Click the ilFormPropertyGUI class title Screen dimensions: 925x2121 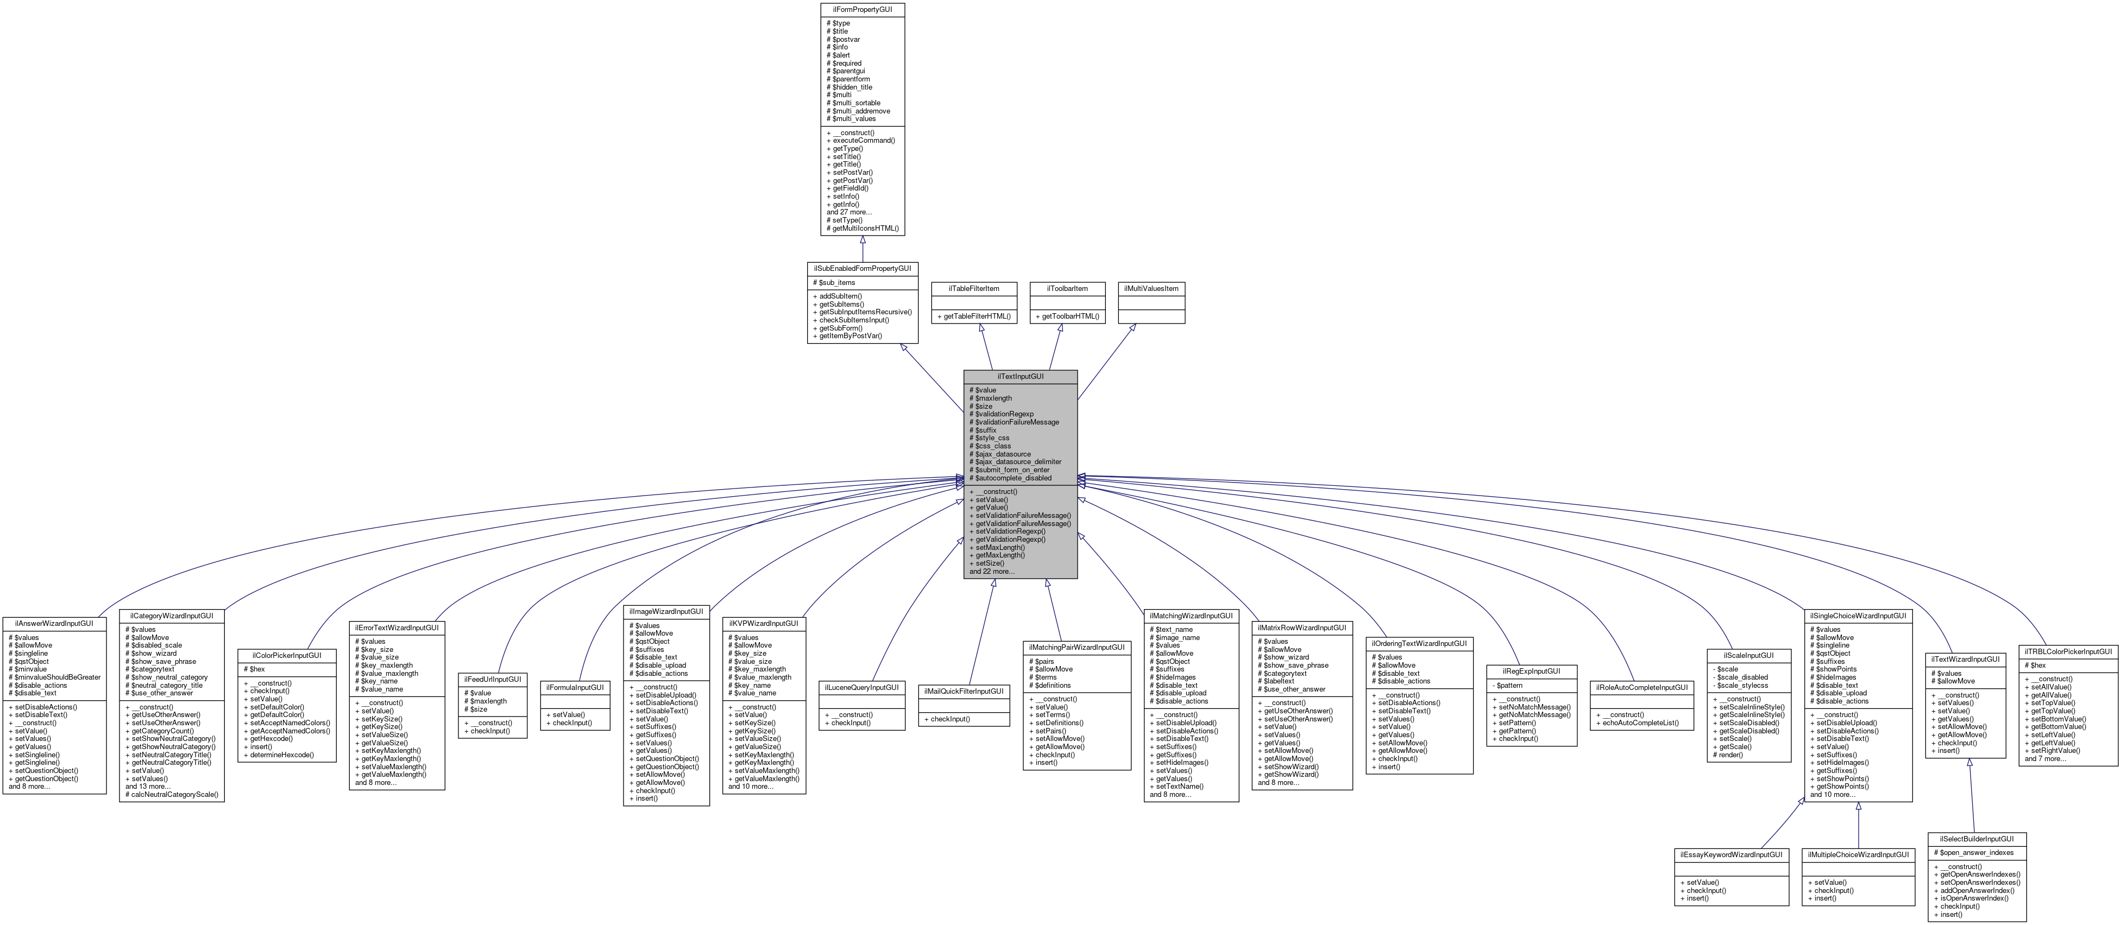coord(862,9)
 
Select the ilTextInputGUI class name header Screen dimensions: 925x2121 coord(1020,376)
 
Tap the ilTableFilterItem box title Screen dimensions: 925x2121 coord(973,289)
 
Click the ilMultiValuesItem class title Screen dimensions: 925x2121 coord(1151,289)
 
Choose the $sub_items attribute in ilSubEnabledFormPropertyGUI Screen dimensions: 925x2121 coord(836,282)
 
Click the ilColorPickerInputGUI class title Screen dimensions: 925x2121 coord(287,655)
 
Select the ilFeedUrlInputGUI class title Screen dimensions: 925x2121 coord(493,680)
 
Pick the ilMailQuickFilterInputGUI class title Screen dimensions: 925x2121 coord(964,691)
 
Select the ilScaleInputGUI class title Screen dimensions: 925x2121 coord(1748,655)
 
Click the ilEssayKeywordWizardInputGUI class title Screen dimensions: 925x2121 coord(1730,854)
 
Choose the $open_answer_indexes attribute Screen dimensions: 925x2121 coord(1976,853)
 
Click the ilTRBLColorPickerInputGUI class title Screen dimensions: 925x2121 coord(2067,651)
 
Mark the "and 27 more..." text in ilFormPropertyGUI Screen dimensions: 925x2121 coord(849,212)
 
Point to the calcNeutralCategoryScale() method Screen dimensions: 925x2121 coord(174,794)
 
